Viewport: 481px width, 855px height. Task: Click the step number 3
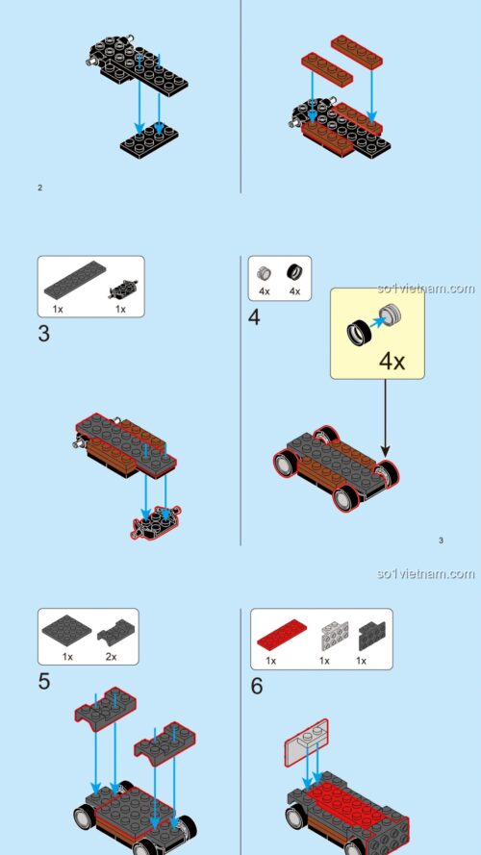click(44, 335)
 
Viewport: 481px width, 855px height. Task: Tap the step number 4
click(255, 317)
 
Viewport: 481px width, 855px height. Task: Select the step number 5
click(44, 682)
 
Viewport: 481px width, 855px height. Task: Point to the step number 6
click(257, 686)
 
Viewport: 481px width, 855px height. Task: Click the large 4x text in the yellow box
click(392, 362)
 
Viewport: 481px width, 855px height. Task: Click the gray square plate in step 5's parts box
click(67, 631)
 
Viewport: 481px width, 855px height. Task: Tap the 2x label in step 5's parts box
click(111, 657)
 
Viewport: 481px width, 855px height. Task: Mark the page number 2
click(39, 188)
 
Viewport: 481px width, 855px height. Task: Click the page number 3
click(441, 541)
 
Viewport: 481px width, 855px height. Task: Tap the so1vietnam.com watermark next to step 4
click(426, 289)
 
